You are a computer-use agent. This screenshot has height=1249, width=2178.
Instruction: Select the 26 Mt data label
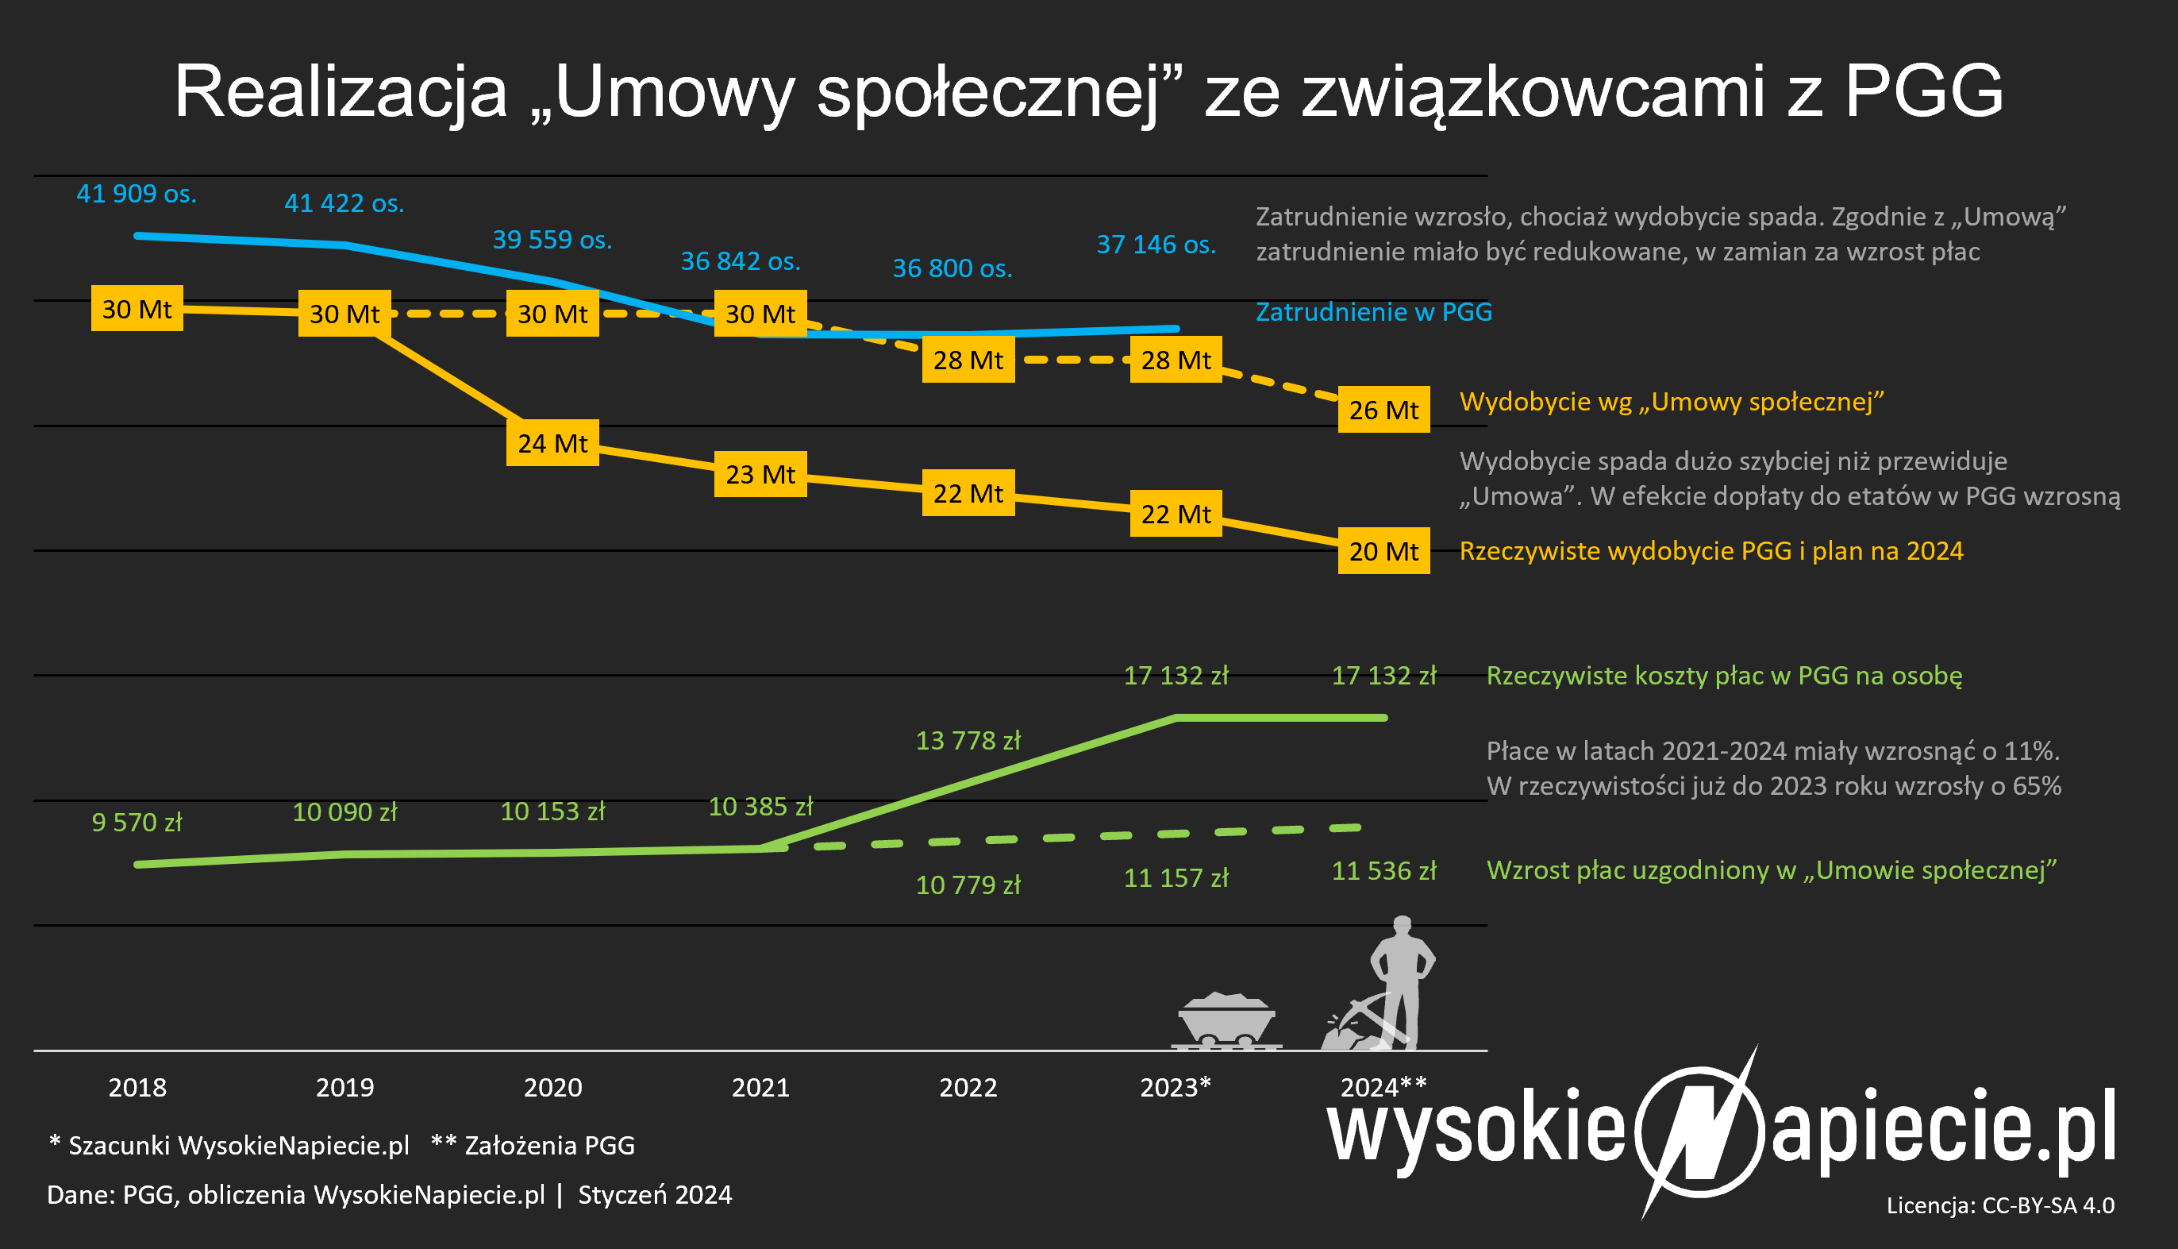(1383, 410)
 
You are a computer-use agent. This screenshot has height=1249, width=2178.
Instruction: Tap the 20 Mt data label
(1383, 551)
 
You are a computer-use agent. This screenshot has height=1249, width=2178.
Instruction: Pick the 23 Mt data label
(760, 473)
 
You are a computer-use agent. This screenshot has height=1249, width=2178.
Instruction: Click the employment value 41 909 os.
(137, 194)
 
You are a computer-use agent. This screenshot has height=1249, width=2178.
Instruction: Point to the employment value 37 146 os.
(1156, 245)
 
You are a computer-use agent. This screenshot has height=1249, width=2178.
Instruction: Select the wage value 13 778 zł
(968, 740)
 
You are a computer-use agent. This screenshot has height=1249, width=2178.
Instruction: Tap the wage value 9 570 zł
(137, 822)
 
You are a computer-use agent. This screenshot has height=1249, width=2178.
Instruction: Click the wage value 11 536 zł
(1383, 871)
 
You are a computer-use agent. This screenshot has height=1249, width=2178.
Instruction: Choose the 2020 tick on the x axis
(552, 1088)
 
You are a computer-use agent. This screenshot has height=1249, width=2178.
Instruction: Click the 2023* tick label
(1175, 1087)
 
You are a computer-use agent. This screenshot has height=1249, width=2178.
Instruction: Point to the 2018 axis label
(137, 1088)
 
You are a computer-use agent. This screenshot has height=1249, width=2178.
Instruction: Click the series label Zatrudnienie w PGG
(1374, 311)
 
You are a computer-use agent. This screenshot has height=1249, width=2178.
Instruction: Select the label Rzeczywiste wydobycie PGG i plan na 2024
(1710, 551)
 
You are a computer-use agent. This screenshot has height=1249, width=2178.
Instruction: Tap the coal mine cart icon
(1226, 1021)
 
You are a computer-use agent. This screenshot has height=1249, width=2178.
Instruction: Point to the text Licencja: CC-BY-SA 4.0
(1999, 1205)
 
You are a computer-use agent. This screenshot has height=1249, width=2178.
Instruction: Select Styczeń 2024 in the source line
(655, 1195)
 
